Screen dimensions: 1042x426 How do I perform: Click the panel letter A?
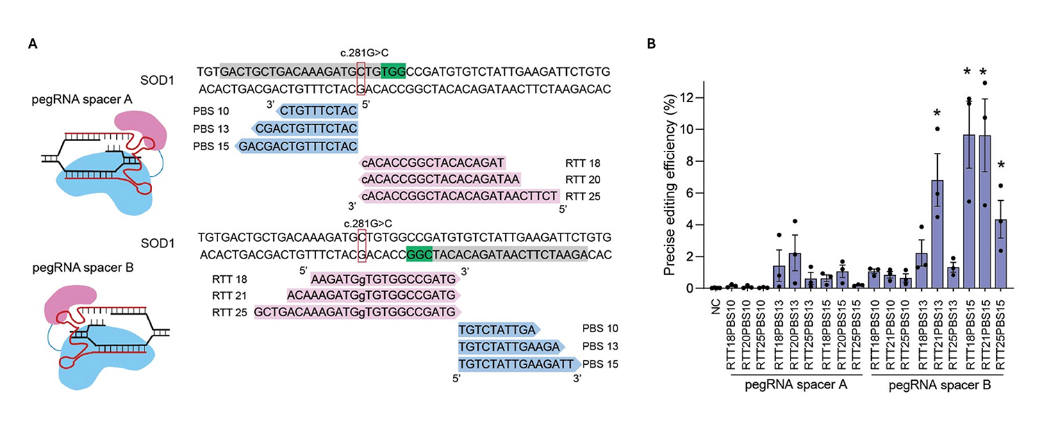33,44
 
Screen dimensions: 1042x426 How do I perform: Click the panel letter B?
652,44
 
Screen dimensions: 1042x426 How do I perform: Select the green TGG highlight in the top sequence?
393,72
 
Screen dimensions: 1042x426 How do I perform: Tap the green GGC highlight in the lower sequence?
419,254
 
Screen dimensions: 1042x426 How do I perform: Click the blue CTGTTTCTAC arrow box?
317,110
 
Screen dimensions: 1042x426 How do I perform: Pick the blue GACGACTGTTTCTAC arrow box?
297,146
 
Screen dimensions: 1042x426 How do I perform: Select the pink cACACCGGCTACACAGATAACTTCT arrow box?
458,196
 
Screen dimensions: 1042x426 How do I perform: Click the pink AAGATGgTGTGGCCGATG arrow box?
385,279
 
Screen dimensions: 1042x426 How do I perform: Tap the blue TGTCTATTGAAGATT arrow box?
519,364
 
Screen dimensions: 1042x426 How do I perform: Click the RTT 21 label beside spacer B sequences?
229,295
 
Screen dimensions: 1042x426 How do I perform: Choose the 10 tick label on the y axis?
686,129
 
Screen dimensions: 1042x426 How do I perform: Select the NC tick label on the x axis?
716,307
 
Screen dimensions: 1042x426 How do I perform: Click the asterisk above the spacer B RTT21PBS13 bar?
937,113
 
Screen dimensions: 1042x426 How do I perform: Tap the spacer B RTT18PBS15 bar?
969,211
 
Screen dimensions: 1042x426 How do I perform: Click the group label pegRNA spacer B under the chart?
940,386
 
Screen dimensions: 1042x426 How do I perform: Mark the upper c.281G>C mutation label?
364,53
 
